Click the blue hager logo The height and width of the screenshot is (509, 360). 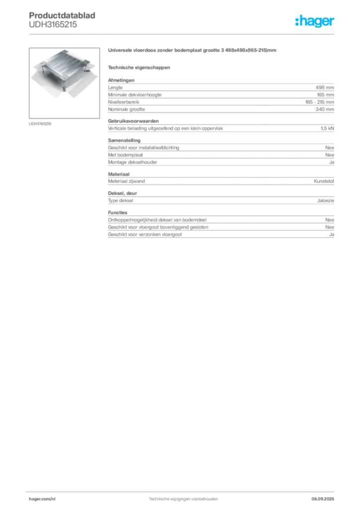click(x=316, y=22)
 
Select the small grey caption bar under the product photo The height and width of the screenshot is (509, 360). click(x=39, y=123)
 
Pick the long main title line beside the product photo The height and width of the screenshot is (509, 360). click(x=192, y=50)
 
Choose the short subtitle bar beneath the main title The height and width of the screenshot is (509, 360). click(x=140, y=67)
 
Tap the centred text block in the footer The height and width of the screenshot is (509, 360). click(x=183, y=498)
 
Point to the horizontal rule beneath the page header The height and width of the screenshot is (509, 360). click(x=183, y=34)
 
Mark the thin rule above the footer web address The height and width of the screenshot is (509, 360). click(x=183, y=492)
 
